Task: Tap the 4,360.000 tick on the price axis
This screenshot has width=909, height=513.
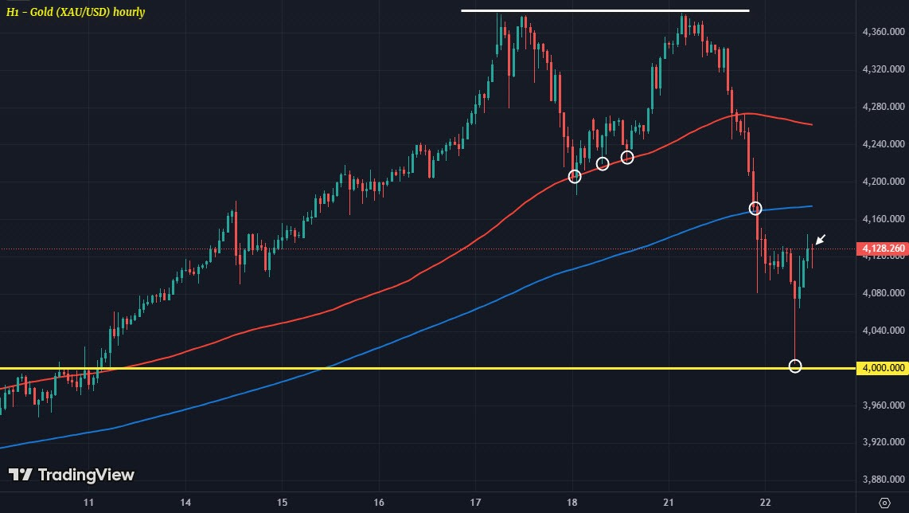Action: pyautogui.click(x=882, y=31)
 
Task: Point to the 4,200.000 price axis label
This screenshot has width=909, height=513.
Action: pyautogui.click(x=882, y=182)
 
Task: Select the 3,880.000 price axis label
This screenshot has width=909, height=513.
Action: pyautogui.click(x=882, y=480)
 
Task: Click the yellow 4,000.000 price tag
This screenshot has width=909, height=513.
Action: pyautogui.click(x=883, y=368)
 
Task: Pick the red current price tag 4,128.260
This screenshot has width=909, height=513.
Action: pyautogui.click(x=883, y=249)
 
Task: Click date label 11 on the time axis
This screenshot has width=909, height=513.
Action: pyautogui.click(x=89, y=503)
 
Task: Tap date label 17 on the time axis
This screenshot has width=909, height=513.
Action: pyautogui.click(x=475, y=503)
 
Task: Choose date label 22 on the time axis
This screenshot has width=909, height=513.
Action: pyautogui.click(x=765, y=503)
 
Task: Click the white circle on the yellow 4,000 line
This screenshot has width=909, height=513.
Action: pyautogui.click(x=794, y=366)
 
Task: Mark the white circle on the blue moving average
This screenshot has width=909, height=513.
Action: pyautogui.click(x=755, y=209)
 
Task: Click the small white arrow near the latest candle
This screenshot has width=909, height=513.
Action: pyautogui.click(x=820, y=239)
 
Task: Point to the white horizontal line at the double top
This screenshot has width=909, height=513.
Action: pyautogui.click(x=605, y=10)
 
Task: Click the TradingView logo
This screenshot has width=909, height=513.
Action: pyautogui.click(x=72, y=475)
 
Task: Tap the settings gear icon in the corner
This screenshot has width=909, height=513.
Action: pyautogui.click(x=884, y=503)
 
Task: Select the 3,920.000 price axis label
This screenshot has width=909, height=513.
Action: pyautogui.click(x=882, y=442)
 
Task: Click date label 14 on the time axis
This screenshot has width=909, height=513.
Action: pyautogui.click(x=185, y=503)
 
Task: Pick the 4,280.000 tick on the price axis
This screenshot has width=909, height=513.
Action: pyautogui.click(x=882, y=107)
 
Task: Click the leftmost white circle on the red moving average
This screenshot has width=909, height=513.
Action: pyautogui.click(x=575, y=176)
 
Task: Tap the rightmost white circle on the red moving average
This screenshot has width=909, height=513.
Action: pyautogui.click(x=627, y=157)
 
